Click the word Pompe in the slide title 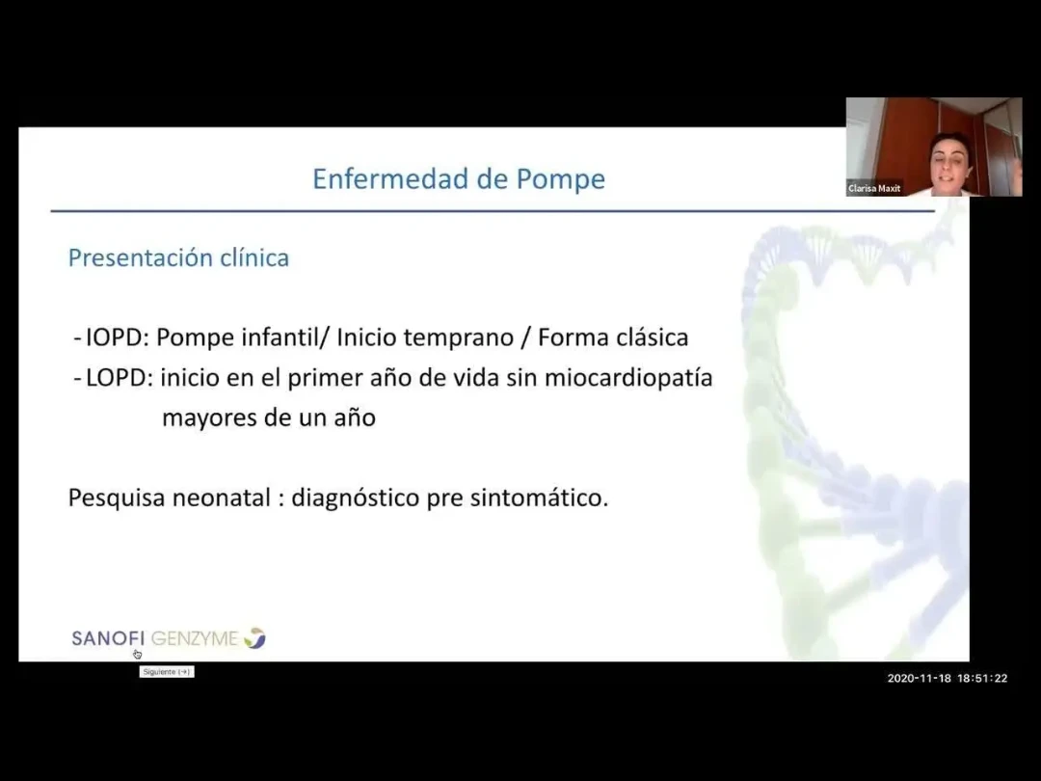pyautogui.click(x=560, y=179)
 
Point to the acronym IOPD pyautogui.click(x=114, y=337)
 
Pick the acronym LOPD pyautogui.click(x=116, y=377)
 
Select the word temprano pyautogui.click(x=459, y=338)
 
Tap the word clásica pyautogui.click(x=653, y=337)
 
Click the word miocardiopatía pyautogui.click(x=628, y=378)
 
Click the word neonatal pyautogui.click(x=222, y=498)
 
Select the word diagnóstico pyautogui.click(x=355, y=498)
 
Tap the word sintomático pyautogui.click(x=539, y=498)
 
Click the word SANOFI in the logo pyautogui.click(x=108, y=638)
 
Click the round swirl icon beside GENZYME pyautogui.click(x=254, y=637)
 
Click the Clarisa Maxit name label pyautogui.click(x=874, y=189)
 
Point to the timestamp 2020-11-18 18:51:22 pyautogui.click(x=948, y=678)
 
